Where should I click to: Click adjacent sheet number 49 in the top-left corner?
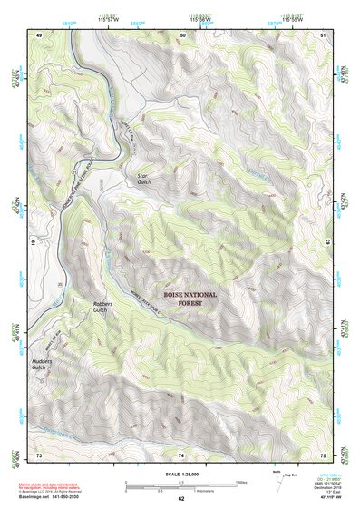pyautogui.click(x=39, y=34)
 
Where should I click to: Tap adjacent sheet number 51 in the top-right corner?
pyautogui.click(x=324, y=34)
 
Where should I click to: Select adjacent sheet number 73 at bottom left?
pyautogui.click(x=39, y=453)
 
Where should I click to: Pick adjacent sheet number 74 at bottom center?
pyautogui.click(x=181, y=453)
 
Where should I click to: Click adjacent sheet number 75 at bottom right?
pyautogui.click(x=324, y=453)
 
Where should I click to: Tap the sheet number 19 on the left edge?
pyautogui.click(x=34, y=243)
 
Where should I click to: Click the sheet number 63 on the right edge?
pyautogui.click(x=328, y=243)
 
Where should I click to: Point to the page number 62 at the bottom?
pyautogui.click(x=181, y=498)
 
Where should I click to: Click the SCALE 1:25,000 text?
pyautogui.click(x=180, y=473)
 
